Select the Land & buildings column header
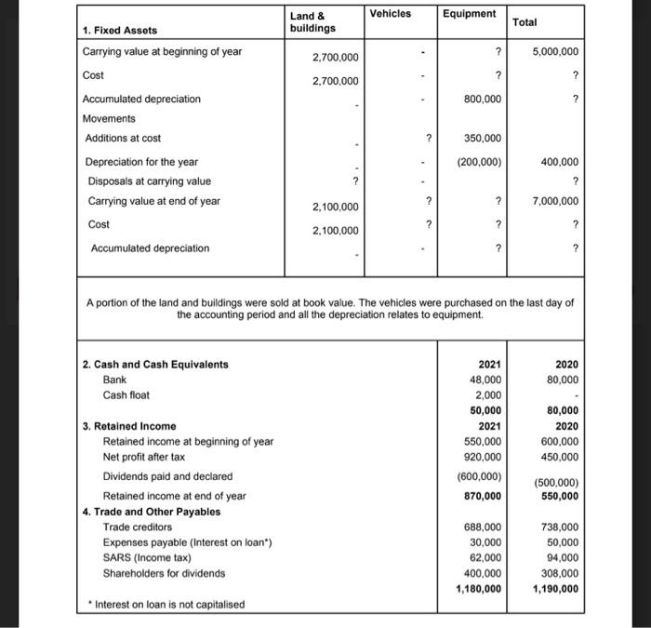312,21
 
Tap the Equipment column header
469,14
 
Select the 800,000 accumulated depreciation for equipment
483,99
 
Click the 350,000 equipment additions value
483,139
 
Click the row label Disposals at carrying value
150,181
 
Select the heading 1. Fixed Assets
121,31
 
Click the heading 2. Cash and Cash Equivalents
155,364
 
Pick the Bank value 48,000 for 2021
485,379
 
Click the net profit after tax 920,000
483,457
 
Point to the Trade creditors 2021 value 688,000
483,527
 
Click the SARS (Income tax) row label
147,557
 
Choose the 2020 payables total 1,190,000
554,588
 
